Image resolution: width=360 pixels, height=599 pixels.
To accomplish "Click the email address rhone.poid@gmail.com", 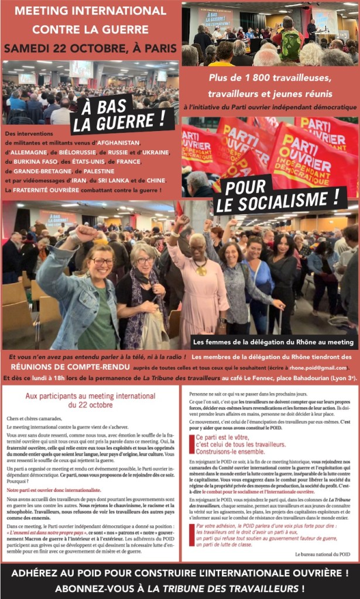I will click(x=319, y=367).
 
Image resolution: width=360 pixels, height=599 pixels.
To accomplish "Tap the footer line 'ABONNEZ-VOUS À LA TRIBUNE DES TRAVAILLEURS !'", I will click(x=180, y=588).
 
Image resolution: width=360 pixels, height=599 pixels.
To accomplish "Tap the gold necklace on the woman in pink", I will click(x=201, y=269).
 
